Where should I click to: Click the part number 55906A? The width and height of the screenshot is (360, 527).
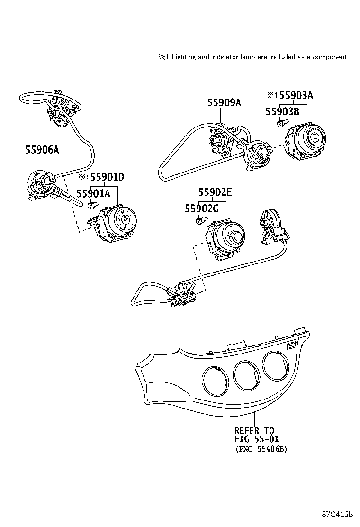pos(42,150)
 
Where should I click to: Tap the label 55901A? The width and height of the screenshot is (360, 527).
pos(93,193)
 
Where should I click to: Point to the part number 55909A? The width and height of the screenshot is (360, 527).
pos(224,102)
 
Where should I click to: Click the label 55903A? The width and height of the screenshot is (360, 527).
pos(296,95)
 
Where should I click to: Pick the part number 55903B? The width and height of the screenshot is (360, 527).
pos(282,112)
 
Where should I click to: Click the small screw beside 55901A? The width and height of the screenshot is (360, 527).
pos(92,205)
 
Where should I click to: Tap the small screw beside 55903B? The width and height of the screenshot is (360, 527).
pos(280,123)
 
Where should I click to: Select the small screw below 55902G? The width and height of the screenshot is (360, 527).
pos(201,219)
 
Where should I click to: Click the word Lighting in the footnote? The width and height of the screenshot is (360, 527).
pos(183,57)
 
